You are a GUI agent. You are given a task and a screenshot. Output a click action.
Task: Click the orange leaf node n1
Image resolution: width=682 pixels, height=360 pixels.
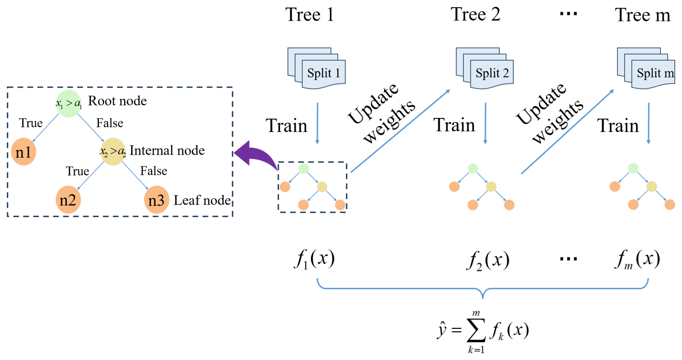tap(23, 152)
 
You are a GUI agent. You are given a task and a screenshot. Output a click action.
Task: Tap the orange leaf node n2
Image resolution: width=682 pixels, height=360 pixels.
tap(68, 200)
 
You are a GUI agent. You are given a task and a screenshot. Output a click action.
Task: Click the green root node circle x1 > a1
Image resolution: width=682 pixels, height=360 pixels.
tap(68, 104)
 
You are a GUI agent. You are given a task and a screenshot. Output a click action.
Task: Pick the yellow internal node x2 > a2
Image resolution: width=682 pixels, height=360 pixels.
tap(113, 152)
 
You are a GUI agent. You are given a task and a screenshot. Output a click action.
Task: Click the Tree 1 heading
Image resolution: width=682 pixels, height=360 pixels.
tap(310, 15)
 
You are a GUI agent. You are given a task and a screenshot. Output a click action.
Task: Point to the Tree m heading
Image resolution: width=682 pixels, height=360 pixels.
tap(642, 15)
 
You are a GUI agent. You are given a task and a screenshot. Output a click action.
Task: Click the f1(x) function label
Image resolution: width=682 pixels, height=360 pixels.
tap(314, 259)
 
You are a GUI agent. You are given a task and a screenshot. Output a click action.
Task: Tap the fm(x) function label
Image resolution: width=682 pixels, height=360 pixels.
tap(637, 259)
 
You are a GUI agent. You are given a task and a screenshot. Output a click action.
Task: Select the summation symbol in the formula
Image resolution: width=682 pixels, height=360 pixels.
tap(476, 330)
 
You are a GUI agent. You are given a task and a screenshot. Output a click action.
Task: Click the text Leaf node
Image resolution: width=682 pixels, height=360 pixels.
tap(202, 200)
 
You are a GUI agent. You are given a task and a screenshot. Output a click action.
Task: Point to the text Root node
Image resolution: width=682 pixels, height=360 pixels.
tap(118, 101)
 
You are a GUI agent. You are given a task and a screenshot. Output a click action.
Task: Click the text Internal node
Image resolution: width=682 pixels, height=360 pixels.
tap(167, 150)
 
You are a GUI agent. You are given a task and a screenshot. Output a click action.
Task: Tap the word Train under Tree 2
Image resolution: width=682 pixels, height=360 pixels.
tap(454, 125)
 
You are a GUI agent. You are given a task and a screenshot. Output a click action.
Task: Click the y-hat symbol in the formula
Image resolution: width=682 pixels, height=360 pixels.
tap(442, 330)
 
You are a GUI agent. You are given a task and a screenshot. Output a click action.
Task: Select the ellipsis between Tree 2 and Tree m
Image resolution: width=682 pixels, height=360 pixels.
tap(568, 14)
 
